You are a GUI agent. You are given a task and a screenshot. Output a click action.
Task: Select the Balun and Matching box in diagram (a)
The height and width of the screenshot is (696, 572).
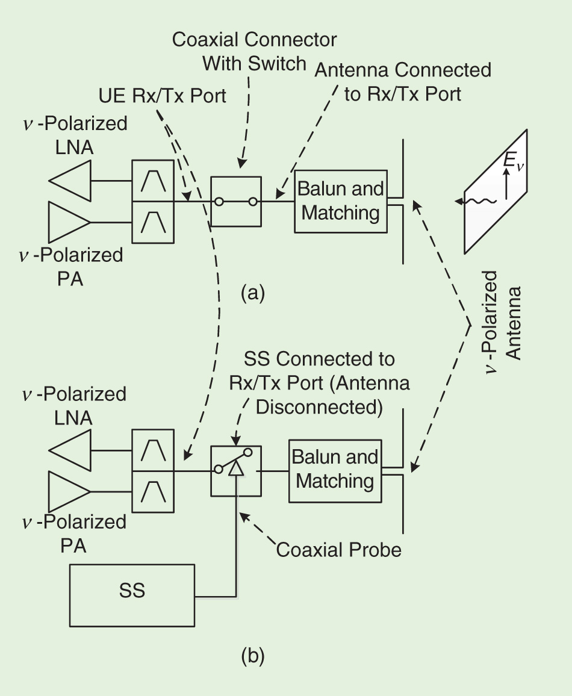[x=340, y=201]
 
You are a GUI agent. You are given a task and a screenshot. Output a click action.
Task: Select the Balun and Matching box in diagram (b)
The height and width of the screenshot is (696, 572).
[x=335, y=470]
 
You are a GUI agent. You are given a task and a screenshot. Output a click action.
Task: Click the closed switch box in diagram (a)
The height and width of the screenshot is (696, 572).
[x=236, y=201]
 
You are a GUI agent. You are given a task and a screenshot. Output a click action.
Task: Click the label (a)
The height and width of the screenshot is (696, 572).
[x=253, y=293]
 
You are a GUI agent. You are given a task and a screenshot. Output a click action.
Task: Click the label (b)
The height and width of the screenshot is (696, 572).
[x=253, y=655]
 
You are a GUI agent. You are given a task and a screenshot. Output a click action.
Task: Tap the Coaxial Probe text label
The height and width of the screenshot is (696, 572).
[x=338, y=549]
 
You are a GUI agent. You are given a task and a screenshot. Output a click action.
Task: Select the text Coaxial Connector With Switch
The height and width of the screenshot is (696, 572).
[x=255, y=51]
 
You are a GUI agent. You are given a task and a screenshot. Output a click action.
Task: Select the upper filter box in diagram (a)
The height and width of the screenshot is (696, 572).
[x=153, y=179]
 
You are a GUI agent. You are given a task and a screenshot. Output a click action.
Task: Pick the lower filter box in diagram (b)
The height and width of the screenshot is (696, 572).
[x=153, y=492]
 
